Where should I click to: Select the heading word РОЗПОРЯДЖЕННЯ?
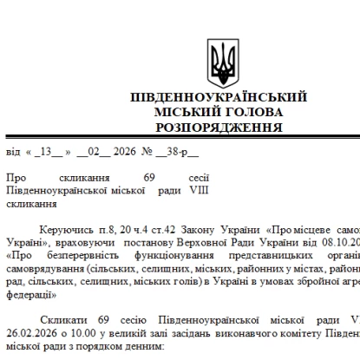point(221,126)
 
